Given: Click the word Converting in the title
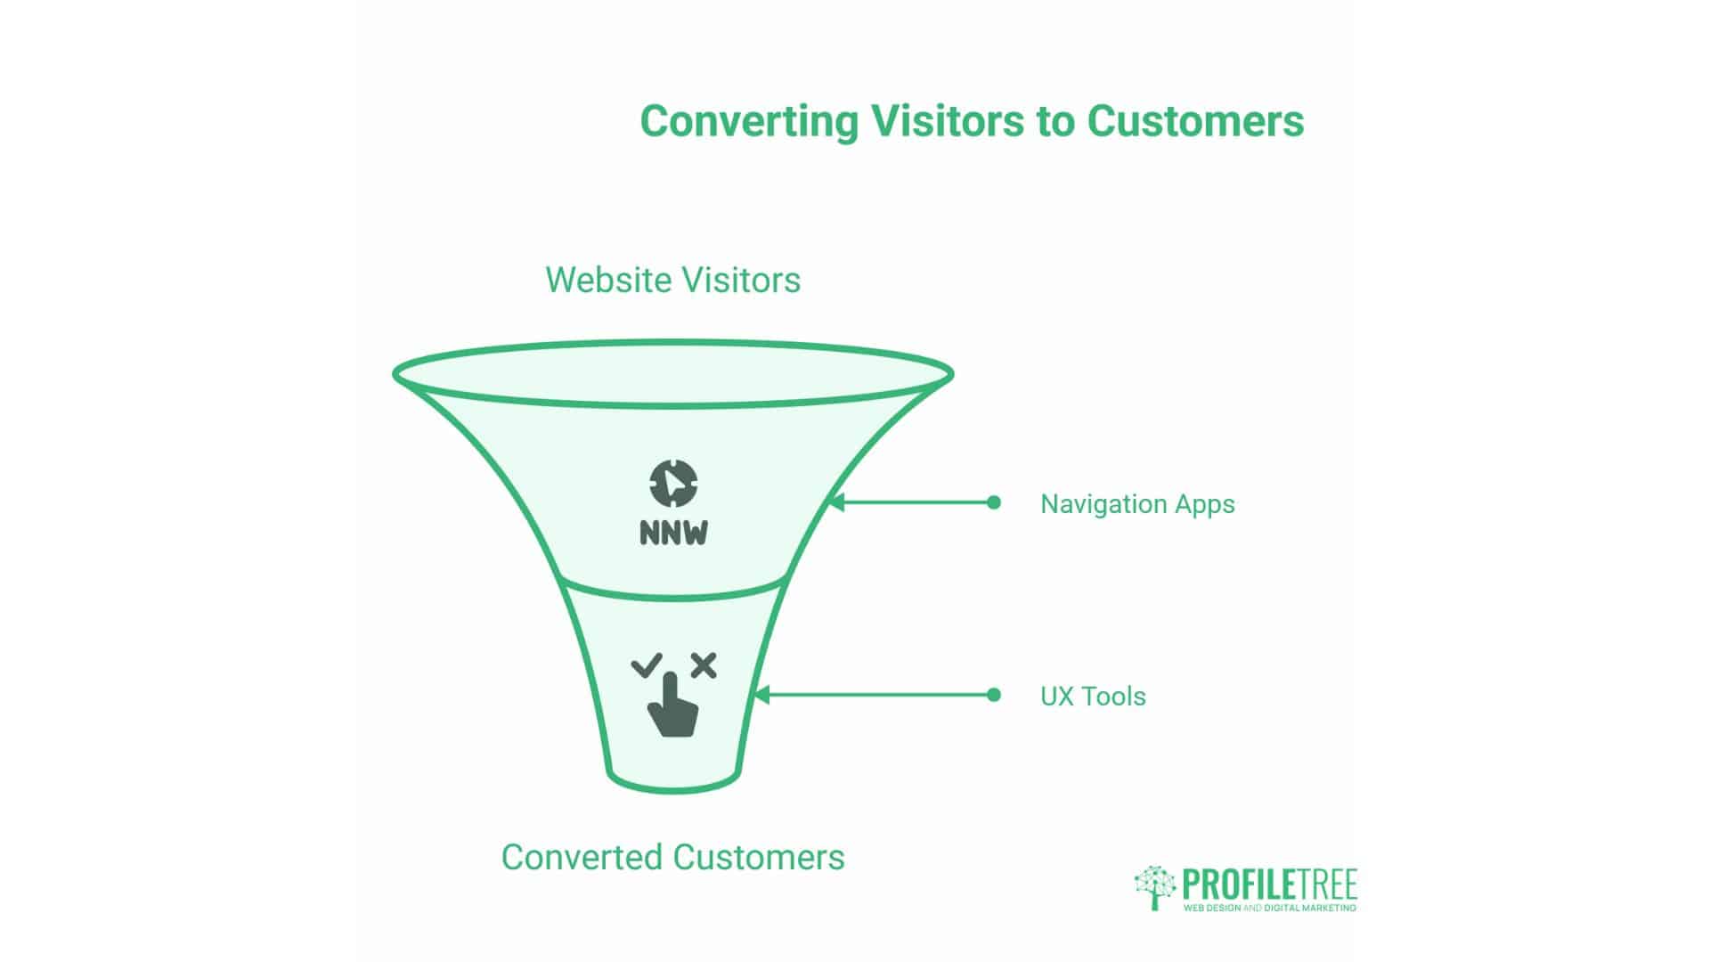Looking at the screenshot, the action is point(749,122).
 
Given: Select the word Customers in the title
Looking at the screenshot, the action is point(1195,120).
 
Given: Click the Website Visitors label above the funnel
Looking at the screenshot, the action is point(673,280).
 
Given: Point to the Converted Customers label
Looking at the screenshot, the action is point(673,857).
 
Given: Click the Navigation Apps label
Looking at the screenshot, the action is point(1137,504).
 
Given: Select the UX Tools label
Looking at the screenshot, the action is point(1093,696).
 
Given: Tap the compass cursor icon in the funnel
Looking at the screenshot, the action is point(673,484).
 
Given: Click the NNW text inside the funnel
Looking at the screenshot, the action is point(673,533).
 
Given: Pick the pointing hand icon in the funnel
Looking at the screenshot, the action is point(672,704).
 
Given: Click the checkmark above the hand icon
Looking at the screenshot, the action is point(647,665).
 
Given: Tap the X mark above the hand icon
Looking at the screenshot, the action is point(704,665).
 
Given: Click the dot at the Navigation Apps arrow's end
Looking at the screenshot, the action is point(994,502).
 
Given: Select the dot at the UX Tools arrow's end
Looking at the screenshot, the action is point(994,695).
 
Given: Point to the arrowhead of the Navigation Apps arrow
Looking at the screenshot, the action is point(835,502).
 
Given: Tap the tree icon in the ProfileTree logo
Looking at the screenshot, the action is point(1155,887).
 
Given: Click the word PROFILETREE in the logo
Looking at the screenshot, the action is point(1269,885).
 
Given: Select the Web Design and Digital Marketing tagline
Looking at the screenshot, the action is point(1269,908).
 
